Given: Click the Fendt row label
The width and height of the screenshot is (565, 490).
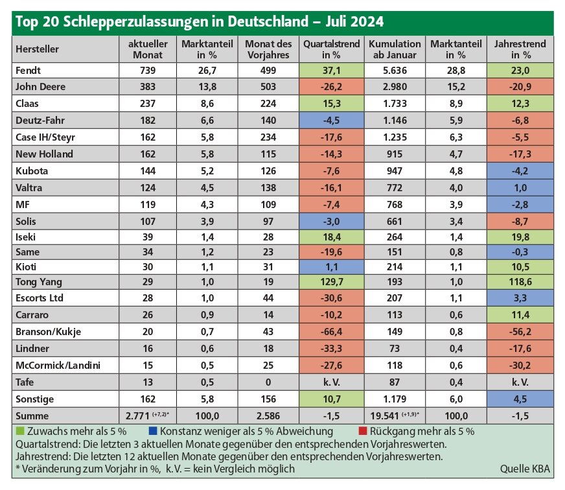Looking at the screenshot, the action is (x=28, y=70).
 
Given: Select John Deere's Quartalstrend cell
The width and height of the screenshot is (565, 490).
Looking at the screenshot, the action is (x=332, y=87).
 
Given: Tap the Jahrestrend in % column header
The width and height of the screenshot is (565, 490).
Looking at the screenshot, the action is (x=520, y=49).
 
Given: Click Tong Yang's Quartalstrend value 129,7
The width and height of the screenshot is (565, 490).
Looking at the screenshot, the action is (x=332, y=282).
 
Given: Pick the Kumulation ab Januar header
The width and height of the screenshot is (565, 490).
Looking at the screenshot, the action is (x=395, y=49).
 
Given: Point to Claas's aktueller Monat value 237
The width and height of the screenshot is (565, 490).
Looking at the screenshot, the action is (x=148, y=104).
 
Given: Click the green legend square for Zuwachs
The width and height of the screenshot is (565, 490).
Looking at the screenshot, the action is (x=20, y=431).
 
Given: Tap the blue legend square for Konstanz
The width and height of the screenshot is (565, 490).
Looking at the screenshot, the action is (x=152, y=431).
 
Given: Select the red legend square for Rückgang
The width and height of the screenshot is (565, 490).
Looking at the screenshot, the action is (x=363, y=431).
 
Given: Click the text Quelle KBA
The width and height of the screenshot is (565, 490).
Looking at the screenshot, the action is (x=525, y=469).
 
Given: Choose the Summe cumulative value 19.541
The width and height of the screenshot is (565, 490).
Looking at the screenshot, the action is (x=384, y=416).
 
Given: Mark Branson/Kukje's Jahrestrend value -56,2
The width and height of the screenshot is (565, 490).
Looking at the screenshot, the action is (x=520, y=332).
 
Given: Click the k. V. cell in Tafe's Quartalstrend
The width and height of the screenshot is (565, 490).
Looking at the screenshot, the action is (x=332, y=382).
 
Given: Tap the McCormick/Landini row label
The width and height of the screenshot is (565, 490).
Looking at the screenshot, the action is (x=58, y=366).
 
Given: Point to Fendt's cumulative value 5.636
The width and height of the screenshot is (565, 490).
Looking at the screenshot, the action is (x=395, y=70).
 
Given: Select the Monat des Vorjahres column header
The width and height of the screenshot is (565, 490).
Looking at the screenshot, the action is (x=268, y=49).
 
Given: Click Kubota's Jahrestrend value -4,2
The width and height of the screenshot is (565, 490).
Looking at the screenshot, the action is (x=520, y=171).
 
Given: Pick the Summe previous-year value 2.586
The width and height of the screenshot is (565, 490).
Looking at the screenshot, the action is (x=268, y=416).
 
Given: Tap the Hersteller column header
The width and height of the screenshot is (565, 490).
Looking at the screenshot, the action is (x=37, y=49).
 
